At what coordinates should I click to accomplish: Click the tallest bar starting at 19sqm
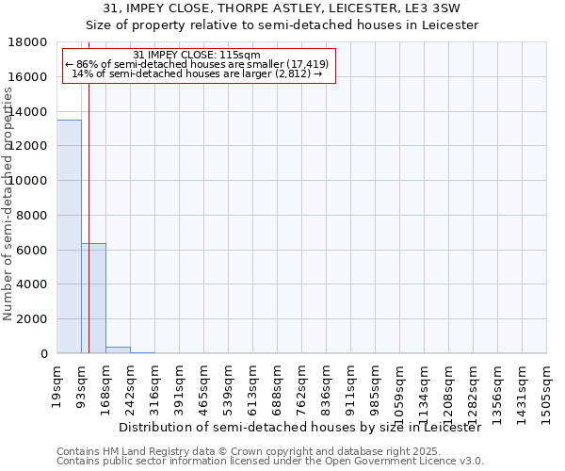(x=69, y=235)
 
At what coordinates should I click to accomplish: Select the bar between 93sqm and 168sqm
(x=93, y=298)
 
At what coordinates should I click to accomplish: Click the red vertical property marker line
(x=89, y=217)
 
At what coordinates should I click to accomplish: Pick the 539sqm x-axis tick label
(x=228, y=385)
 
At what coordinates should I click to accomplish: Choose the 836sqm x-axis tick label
(x=326, y=385)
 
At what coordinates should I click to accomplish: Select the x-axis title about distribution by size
(x=300, y=427)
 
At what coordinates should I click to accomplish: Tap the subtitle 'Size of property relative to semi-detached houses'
(x=282, y=25)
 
